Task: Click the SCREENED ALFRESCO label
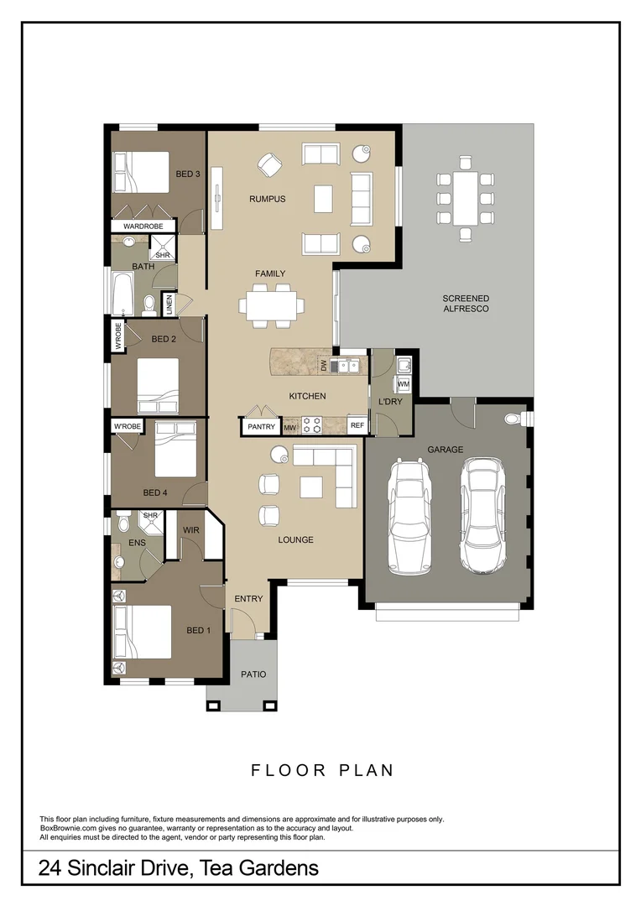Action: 466,304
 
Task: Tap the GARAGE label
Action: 445,450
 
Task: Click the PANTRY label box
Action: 262,427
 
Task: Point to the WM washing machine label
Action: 403,383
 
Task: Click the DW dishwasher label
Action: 323,365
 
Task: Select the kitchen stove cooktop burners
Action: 311,426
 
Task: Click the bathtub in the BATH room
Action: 122,294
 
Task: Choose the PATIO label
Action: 253,674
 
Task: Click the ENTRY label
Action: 249,599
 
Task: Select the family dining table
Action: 270,304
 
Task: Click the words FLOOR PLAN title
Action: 322,770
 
